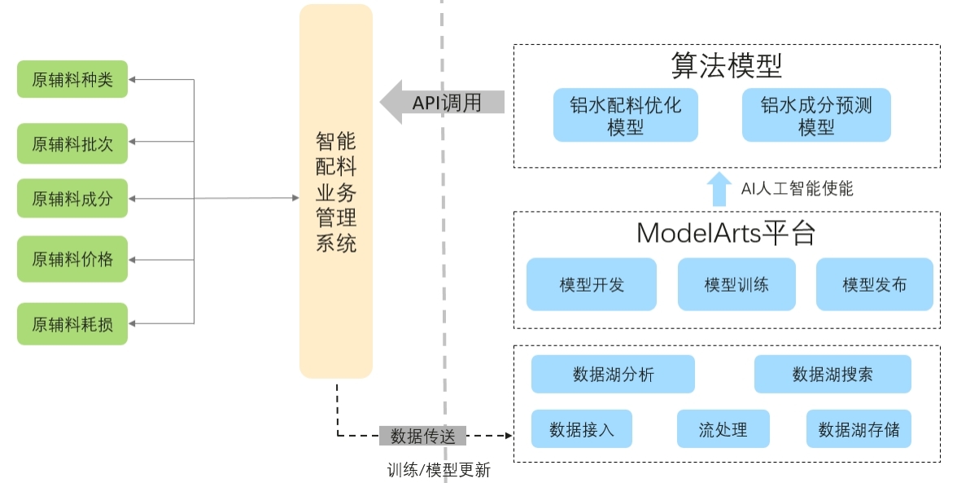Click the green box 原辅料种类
[72, 80]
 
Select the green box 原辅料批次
[72, 144]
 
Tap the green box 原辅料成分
[72, 198]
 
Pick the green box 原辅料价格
[72, 260]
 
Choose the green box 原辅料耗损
[72, 324]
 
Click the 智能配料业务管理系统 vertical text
[336, 192]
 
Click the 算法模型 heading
[727, 64]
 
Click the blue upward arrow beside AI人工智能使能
[718, 189]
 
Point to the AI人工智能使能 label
[797, 189]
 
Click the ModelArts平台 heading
[726, 233]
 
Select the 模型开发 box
[592, 284]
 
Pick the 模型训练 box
[736, 284]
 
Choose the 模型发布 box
[874, 284]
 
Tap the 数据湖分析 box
[613, 375]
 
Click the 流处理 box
[723, 429]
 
